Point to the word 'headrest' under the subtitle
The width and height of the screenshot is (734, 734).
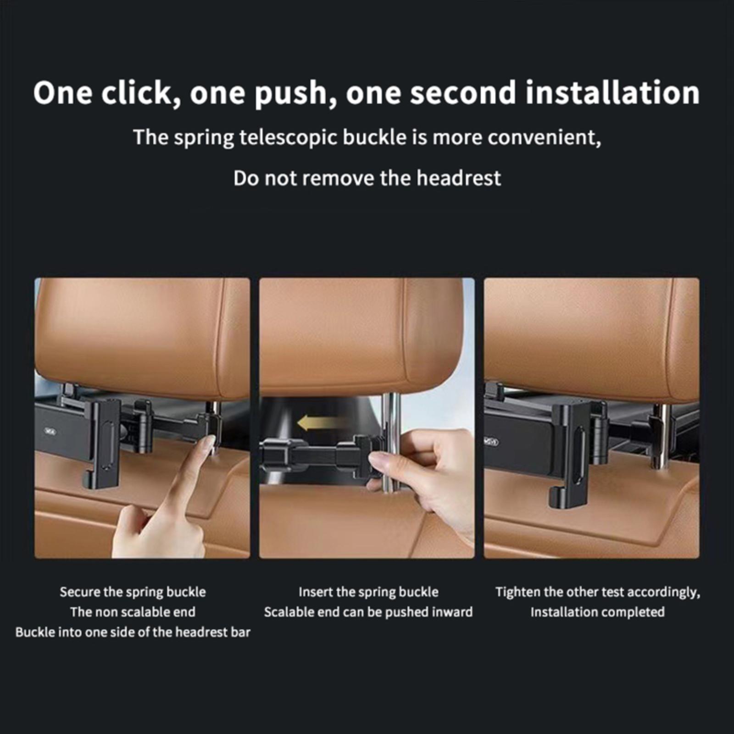pos(458,178)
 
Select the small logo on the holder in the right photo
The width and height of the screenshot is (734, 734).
pos(491,442)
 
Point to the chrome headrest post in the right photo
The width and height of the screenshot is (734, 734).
pos(661,436)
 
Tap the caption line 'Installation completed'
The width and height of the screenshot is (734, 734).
pos(597,612)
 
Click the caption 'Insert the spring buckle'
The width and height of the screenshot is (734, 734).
pos(368,592)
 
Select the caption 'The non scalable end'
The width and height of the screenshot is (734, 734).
pos(133,612)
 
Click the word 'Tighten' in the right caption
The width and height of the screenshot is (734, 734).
pos(518,592)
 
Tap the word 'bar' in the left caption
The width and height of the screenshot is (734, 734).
pos(240,632)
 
